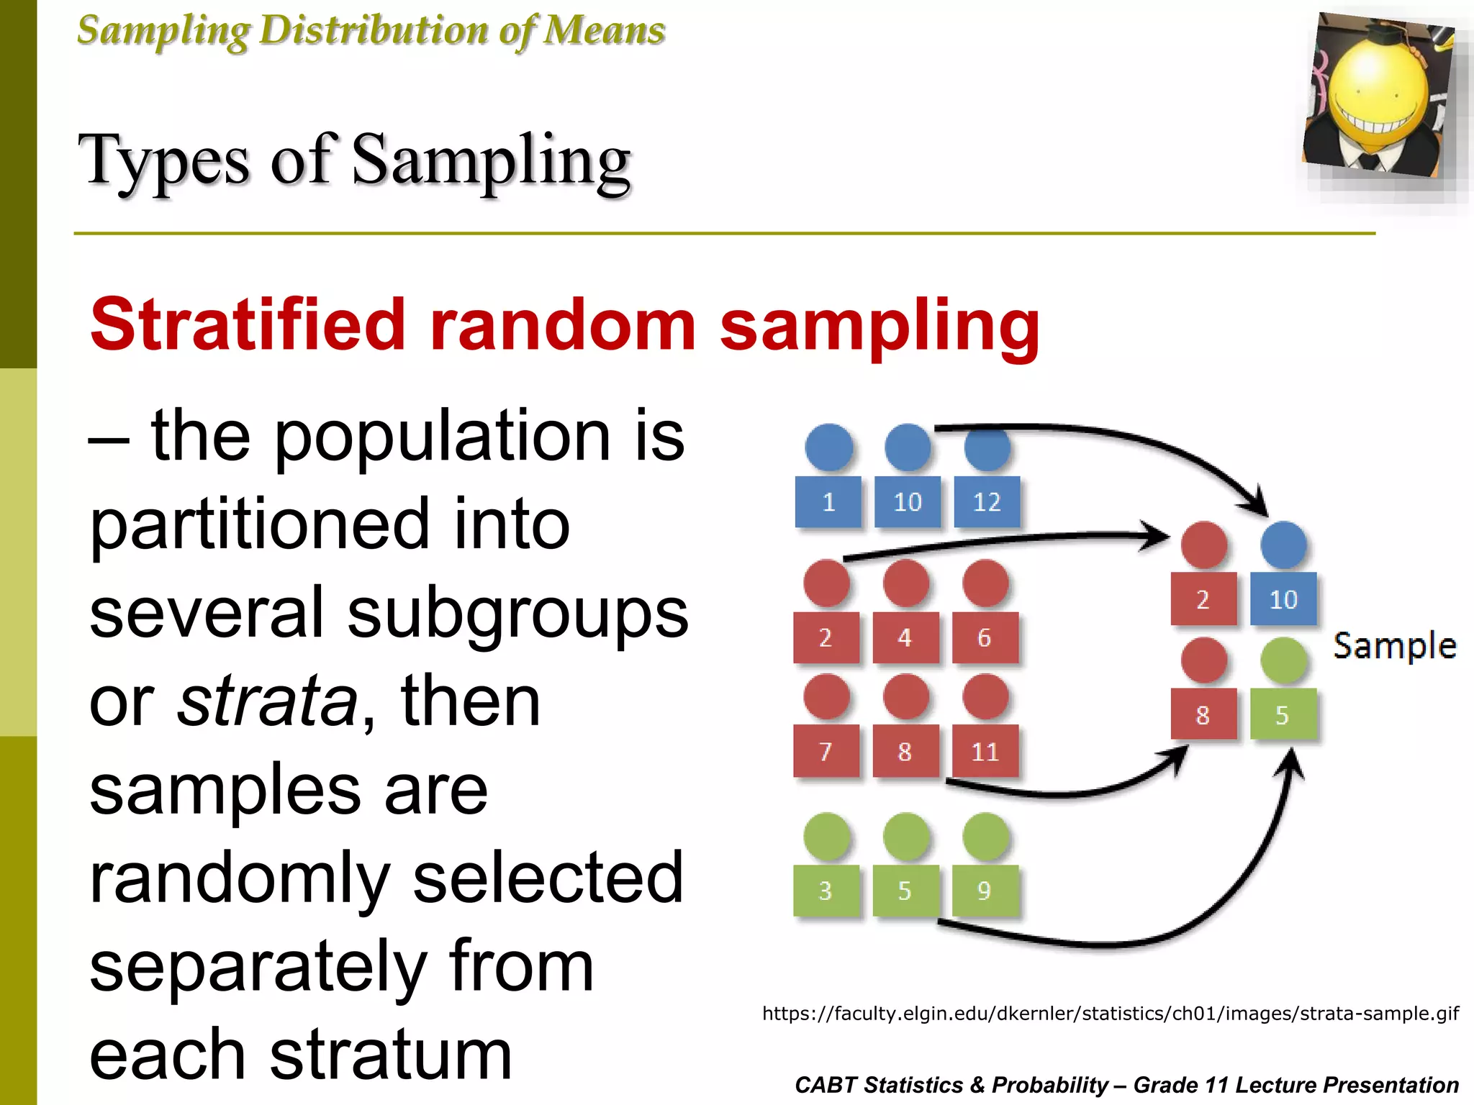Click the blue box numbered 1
tap(828, 501)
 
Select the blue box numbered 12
tap(986, 501)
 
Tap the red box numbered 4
tap(905, 637)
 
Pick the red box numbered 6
tap(985, 637)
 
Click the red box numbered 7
tap(826, 751)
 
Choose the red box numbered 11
tap(985, 751)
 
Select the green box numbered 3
tap(826, 891)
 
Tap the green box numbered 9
tap(985, 891)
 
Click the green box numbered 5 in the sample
tap(1283, 714)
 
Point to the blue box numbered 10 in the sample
tap(1283, 599)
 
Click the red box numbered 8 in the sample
tap(1203, 714)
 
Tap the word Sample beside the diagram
tap(1394, 645)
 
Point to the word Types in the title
tap(165, 162)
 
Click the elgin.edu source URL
tap(1110, 1014)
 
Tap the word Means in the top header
tap(604, 30)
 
